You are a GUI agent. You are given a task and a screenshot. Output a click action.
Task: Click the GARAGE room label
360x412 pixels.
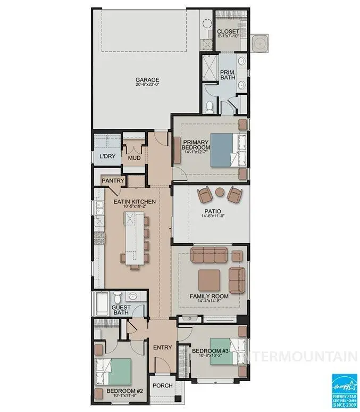point(146,80)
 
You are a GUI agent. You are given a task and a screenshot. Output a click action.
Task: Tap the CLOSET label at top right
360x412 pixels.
point(228,32)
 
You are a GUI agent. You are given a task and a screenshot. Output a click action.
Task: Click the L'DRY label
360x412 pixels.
point(107,158)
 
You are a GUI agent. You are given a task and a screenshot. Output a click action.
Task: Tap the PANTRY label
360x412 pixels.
point(113,181)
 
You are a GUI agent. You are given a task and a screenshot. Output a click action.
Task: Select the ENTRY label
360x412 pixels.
point(162,348)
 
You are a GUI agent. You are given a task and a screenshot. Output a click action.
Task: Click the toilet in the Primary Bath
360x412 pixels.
point(210,107)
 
